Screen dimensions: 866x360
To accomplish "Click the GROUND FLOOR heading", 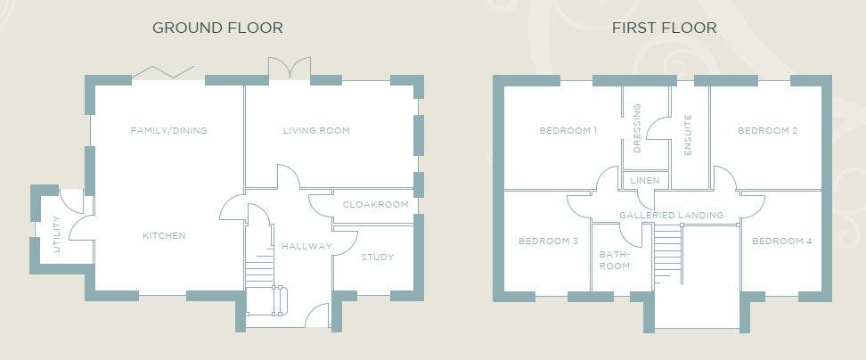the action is point(217,28).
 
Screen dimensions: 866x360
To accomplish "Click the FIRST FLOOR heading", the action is point(664,28).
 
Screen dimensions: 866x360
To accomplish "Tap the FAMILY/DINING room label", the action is point(169,131).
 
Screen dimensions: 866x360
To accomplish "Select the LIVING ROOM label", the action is point(316,131).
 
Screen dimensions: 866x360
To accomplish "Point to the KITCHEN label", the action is point(164,236).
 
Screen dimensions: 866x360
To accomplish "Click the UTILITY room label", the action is point(56,234).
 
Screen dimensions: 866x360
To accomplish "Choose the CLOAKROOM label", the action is point(376,204).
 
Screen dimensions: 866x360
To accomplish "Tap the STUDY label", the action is point(378,257).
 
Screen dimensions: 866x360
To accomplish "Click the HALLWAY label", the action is point(307,246).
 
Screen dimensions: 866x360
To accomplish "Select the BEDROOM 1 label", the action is point(568,131).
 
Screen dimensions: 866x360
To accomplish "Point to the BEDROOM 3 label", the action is point(548,241).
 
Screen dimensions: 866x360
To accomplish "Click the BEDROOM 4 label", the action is point(782,241).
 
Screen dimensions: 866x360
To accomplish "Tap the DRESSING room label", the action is point(637,128).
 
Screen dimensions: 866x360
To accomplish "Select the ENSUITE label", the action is point(688,135).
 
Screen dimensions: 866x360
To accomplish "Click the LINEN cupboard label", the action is point(644,181).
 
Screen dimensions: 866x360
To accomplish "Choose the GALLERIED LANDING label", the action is point(672,215).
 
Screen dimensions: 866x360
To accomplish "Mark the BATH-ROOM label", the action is point(615,260).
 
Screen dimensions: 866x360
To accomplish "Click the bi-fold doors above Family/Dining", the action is point(163,72).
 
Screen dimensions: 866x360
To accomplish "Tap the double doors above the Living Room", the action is point(290,68).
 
